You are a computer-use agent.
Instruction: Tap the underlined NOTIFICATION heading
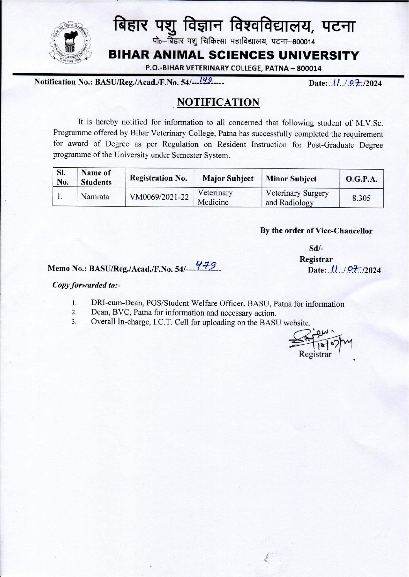click(218, 103)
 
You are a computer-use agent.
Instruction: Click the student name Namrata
click(95, 197)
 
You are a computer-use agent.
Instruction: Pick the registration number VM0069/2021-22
click(159, 197)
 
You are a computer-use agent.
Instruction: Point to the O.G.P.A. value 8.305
click(361, 198)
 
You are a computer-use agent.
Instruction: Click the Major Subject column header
click(228, 178)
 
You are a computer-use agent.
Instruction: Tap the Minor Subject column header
click(291, 179)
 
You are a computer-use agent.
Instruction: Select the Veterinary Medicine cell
click(215, 197)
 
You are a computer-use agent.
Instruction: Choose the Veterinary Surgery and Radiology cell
click(297, 198)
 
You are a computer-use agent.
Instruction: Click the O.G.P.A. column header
click(361, 179)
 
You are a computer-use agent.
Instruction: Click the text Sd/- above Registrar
click(316, 249)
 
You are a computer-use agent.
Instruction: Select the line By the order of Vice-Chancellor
click(316, 231)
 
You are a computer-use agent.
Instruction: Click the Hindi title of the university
click(234, 26)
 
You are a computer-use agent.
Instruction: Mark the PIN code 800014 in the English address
click(306, 69)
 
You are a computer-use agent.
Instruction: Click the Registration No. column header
click(158, 178)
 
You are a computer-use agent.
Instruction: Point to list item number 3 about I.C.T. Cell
click(200, 322)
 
